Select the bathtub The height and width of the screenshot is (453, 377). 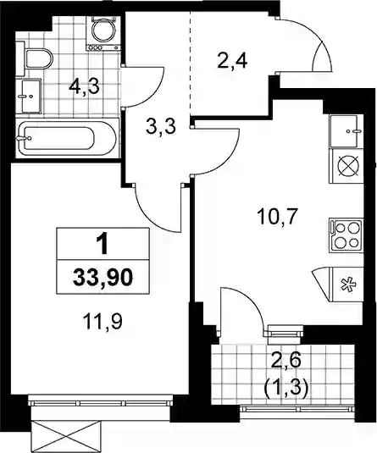67,138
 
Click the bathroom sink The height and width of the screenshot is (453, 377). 31,96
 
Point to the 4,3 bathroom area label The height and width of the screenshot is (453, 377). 84,86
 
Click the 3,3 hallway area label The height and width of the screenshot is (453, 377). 161,126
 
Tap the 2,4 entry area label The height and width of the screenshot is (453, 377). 232,61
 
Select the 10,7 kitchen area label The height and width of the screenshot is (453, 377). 278,218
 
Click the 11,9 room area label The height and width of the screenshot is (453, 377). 103,322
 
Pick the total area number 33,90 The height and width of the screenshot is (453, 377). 103,278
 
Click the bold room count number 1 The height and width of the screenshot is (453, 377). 103,244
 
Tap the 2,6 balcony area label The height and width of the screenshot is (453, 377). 286,361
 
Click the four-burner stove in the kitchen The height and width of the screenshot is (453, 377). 346,235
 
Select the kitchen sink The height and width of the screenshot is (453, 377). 346,131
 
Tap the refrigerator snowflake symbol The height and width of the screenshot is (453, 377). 347,285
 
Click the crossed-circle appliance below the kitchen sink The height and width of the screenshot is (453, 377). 348,166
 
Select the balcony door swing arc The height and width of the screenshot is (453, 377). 249,300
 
